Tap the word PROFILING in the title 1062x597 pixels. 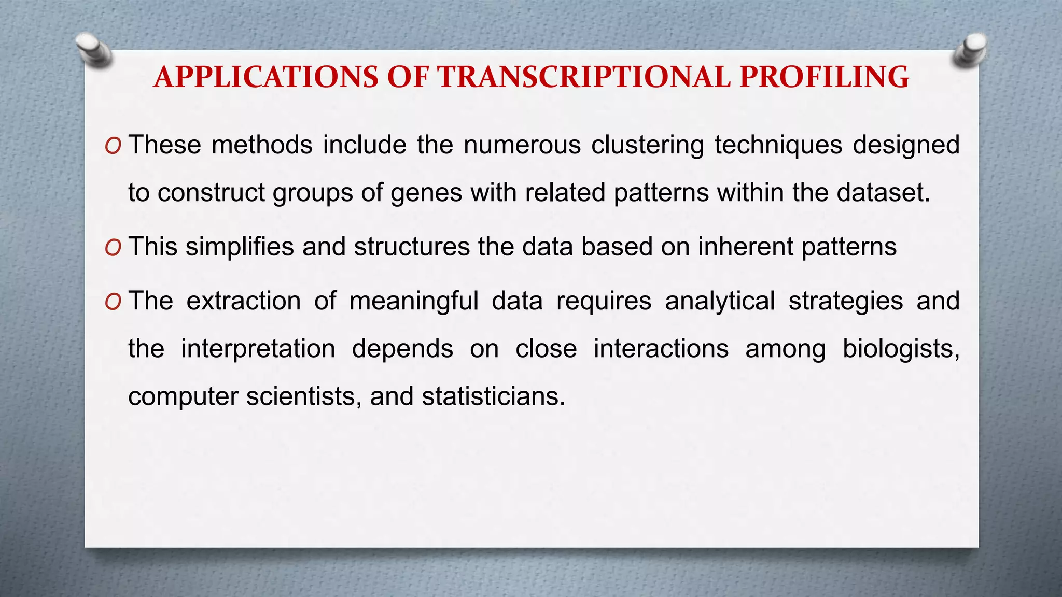coord(824,77)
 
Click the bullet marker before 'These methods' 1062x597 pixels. coord(113,147)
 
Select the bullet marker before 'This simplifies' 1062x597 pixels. coord(113,248)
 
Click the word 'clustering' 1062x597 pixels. coord(648,145)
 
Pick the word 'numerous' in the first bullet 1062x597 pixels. coord(522,145)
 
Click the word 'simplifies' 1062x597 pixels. coord(240,247)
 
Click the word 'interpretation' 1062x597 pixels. coord(258,349)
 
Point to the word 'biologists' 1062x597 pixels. coord(900,349)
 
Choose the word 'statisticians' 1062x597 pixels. coord(493,397)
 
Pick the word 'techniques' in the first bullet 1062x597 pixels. coord(778,145)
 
